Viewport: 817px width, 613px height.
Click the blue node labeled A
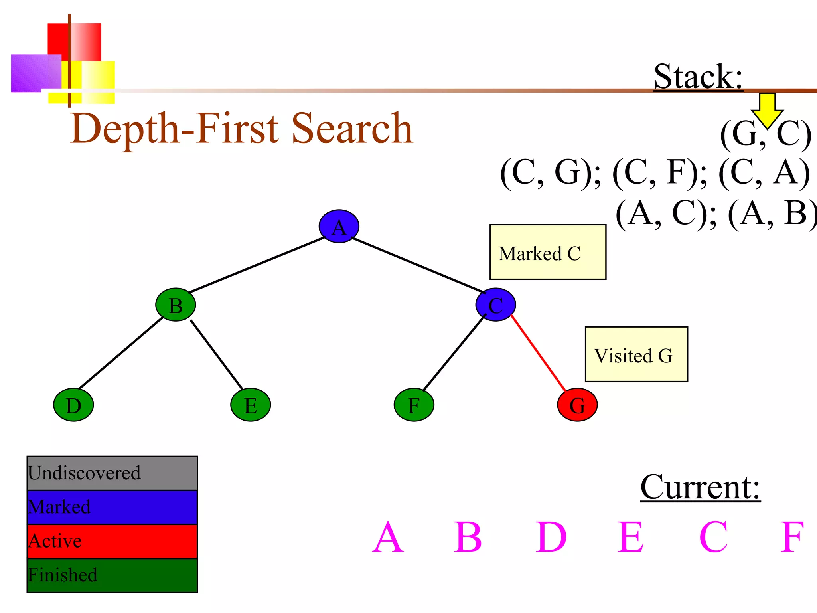339,226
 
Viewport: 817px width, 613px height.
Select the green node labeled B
176,305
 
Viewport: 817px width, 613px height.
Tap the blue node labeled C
495,305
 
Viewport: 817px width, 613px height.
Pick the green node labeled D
73,405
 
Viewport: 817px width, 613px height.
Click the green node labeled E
251,405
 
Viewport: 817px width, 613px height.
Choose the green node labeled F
414,405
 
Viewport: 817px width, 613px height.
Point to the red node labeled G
577,405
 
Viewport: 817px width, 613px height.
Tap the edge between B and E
217,354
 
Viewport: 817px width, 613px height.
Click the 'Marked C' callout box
548,252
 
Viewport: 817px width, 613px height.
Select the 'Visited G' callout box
636,354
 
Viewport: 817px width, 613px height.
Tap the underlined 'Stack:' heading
698,77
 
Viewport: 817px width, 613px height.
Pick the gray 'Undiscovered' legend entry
112,473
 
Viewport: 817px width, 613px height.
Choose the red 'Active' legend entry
112,541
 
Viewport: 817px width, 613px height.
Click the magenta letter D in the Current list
551,537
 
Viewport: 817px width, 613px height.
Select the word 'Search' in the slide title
352,129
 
